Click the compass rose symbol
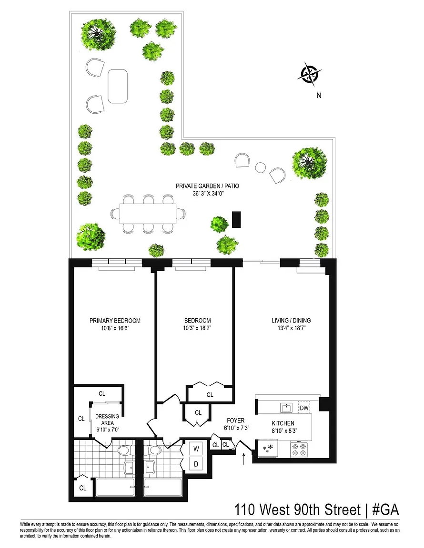click(x=310, y=74)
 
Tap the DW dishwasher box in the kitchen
click(x=304, y=408)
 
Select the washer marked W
click(x=196, y=449)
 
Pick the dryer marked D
click(x=196, y=464)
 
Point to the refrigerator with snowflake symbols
click(x=267, y=449)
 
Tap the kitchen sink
click(x=286, y=408)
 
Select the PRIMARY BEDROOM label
click(x=115, y=321)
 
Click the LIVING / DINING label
click(x=291, y=321)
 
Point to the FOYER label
click(x=236, y=421)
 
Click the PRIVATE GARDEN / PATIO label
click(x=207, y=186)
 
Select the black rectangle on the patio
click(x=236, y=219)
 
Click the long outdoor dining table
click(x=148, y=214)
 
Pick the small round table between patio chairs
click(x=260, y=168)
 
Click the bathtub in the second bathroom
click(x=163, y=487)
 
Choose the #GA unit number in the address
click(x=385, y=509)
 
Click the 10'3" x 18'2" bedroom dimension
click(x=198, y=328)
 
